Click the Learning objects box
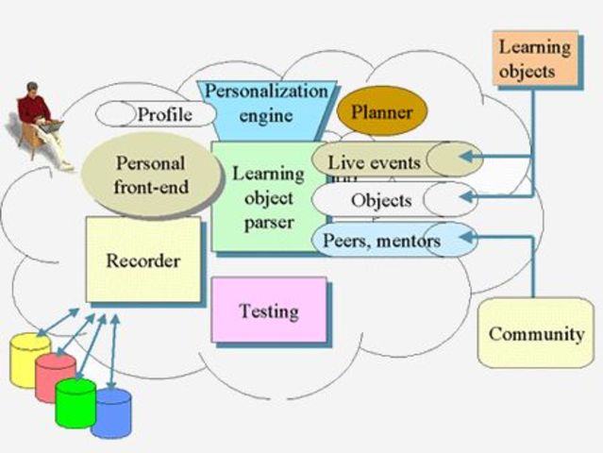point(535,59)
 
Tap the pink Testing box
point(269,310)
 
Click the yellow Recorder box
point(142,260)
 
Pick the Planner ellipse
point(382,113)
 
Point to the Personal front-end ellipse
point(151,175)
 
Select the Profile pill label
point(163,115)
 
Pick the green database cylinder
point(75,403)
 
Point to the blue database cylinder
point(111,412)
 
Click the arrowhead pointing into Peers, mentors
point(461,230)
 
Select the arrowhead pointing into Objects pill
point(462,196)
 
